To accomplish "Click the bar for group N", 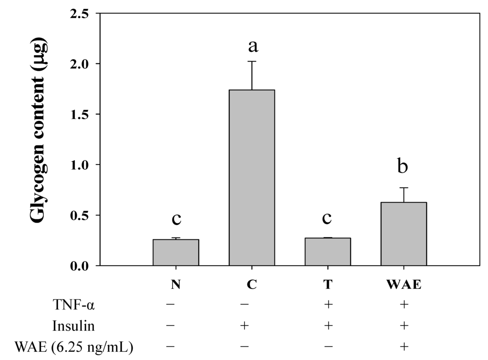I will pyautogui.click(x=176, y=252).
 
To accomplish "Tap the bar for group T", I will pyautogui.click(x=328, y=251).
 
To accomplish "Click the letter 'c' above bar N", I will pyautogui.click(x=176, y=219).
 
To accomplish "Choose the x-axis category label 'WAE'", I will pyautogui.click(x=404, y=286).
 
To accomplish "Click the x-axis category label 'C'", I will pyautogui.click(x=252, y=286).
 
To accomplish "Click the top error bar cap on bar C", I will pyautogui.click(x=252, y=62).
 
